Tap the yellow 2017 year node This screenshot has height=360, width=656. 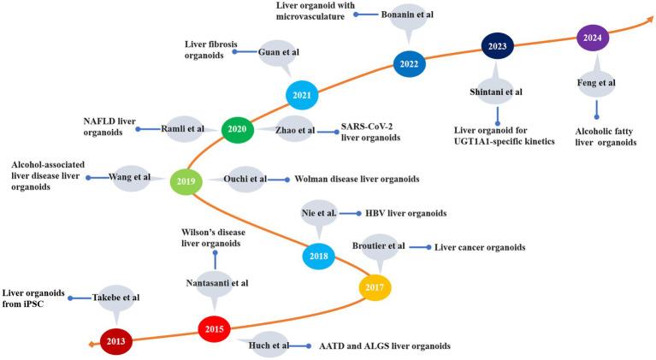coord(374,287)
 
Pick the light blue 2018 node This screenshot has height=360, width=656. coord(319,256)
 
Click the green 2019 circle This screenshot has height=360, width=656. coord(186,181)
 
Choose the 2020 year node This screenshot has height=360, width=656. coord(237,129)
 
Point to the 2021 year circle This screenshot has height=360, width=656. coord(301,95)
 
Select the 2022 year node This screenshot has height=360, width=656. coord(410,62)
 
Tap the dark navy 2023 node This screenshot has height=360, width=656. coord(496,46)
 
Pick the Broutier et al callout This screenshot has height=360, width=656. coord(379,247)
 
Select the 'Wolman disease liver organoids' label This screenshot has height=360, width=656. coord(357,180)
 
